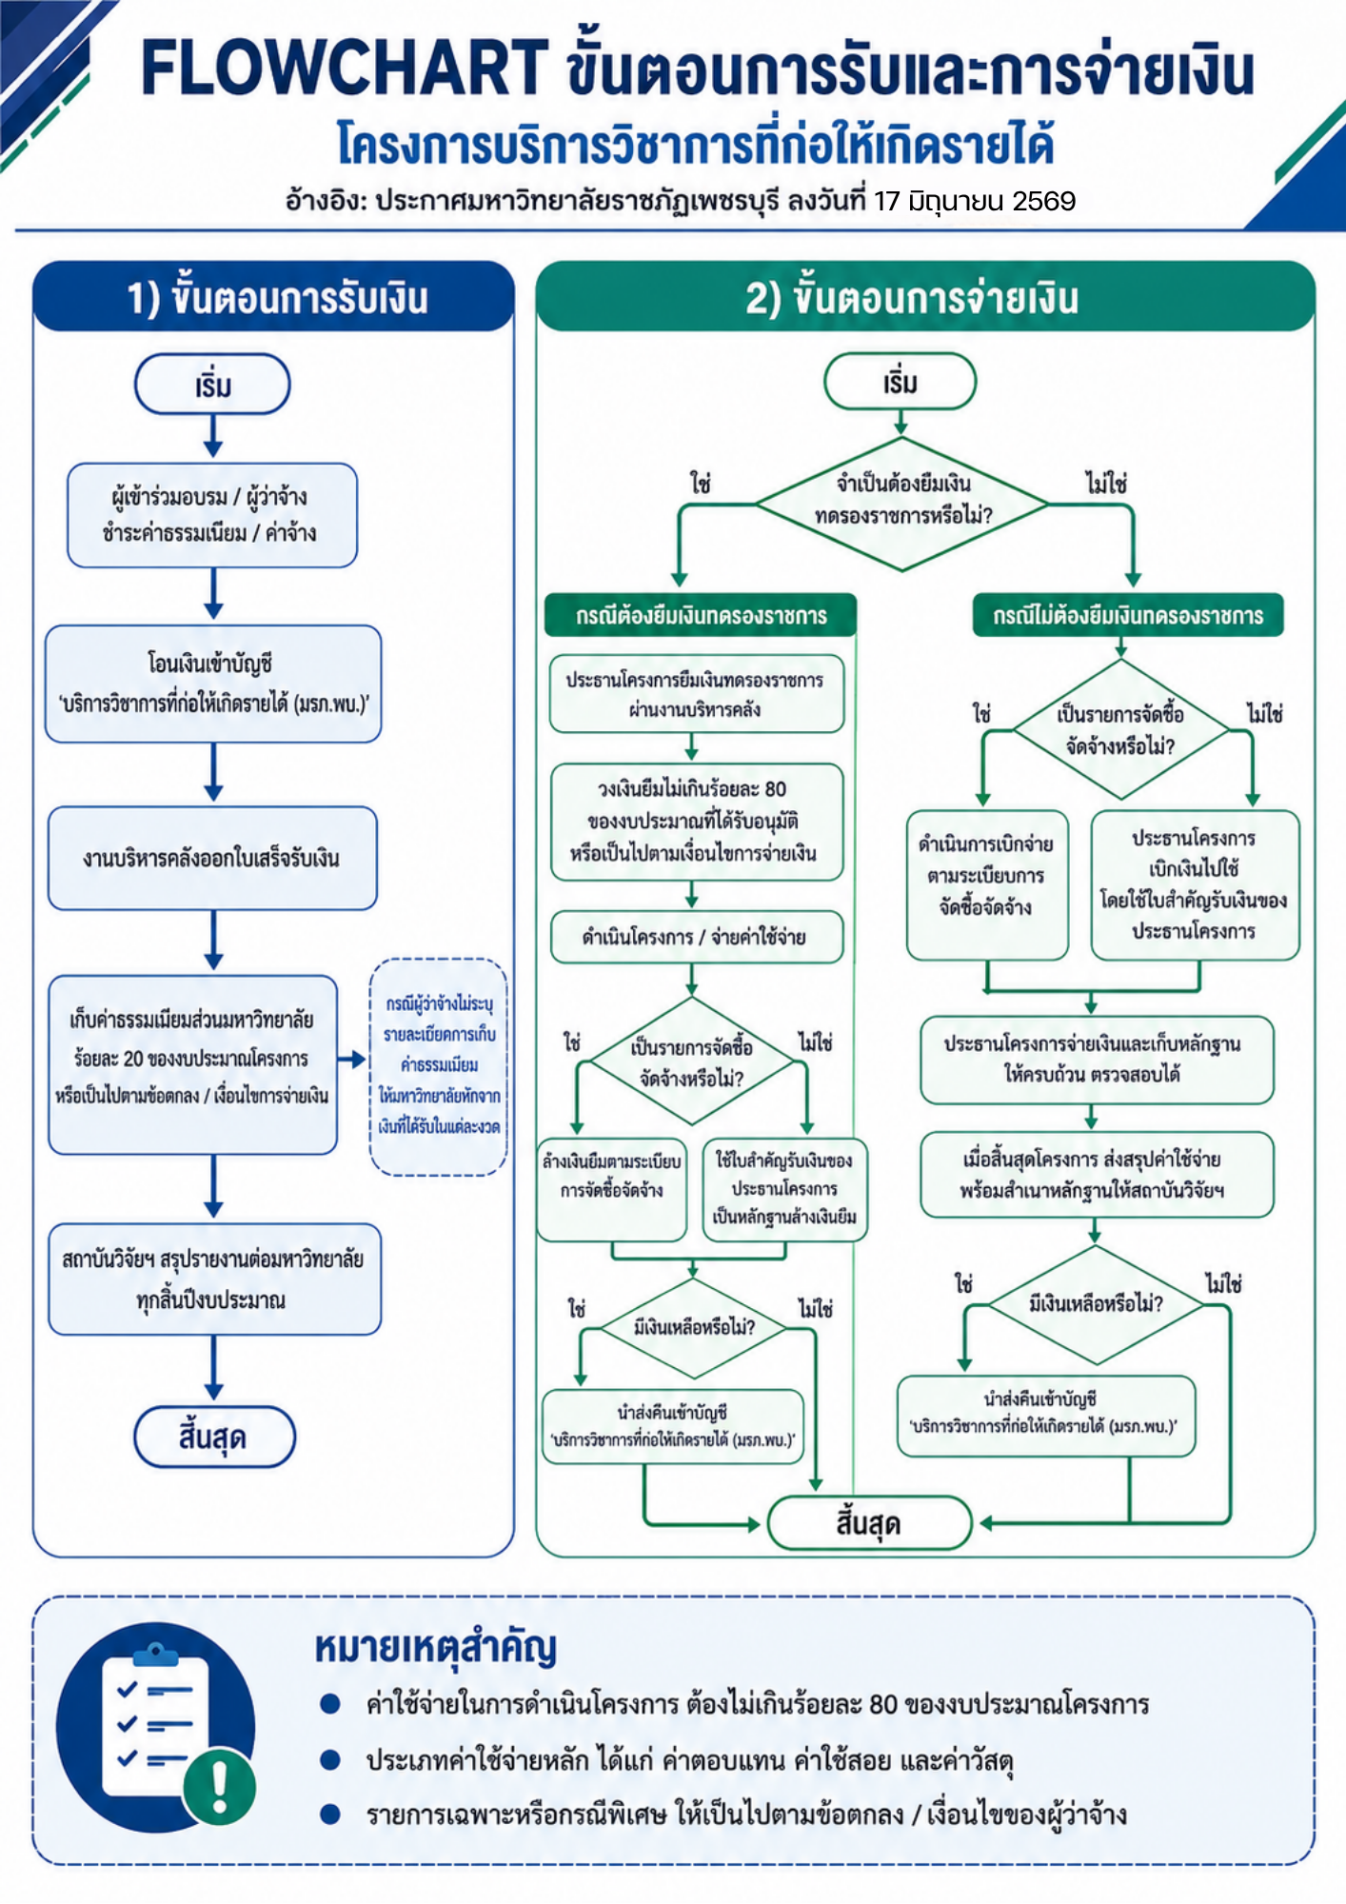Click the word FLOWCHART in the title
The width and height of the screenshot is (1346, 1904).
345,69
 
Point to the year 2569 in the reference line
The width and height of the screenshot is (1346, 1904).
1044,201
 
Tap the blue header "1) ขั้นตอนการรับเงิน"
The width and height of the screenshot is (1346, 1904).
274,297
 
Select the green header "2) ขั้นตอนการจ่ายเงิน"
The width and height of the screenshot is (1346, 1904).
925,297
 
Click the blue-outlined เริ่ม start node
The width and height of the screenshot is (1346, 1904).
212,385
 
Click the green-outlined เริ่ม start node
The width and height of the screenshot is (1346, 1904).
901,382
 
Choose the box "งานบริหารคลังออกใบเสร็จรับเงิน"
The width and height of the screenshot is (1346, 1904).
212,859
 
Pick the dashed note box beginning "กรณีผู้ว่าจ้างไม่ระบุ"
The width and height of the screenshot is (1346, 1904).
439,1067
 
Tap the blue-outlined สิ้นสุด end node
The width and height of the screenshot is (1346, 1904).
214,1437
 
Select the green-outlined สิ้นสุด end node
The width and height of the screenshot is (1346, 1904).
869,1523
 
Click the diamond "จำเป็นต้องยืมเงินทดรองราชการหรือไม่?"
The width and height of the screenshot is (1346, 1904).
901,504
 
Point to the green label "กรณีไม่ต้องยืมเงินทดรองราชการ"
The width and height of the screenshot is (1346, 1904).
1128,615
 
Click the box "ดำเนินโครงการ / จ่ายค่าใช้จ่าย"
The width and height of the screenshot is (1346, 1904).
696,937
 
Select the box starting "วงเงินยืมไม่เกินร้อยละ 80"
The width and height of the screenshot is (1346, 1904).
696,822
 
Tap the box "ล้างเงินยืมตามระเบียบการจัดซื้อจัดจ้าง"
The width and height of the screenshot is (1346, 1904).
612,1189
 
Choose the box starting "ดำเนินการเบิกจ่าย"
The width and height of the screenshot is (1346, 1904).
987,884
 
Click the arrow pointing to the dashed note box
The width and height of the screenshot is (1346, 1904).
352,1059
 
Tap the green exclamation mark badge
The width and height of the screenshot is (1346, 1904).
220,1787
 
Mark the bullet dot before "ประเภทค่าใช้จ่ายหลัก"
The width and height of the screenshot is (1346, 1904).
330,1759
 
